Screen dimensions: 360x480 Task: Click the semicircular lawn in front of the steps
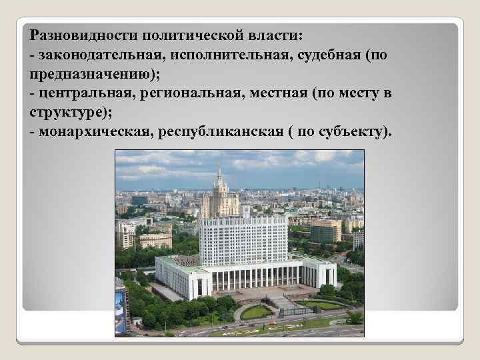pyautogui.click(x=256, y=311)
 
